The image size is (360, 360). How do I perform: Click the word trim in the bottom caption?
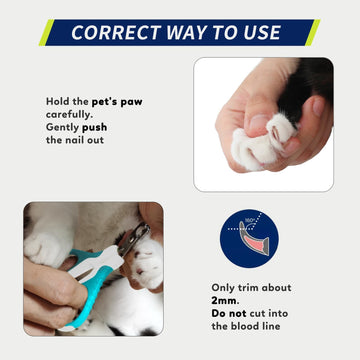(x=252, y=289)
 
